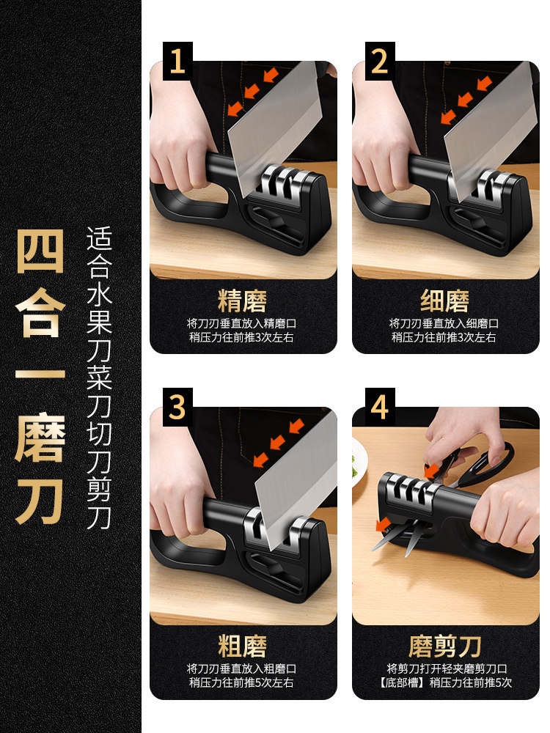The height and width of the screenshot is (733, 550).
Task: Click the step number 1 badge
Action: tap(177, 61)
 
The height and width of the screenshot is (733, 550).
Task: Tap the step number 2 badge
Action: tap(380, 61)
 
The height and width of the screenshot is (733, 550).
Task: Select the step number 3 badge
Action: tap(177, 407)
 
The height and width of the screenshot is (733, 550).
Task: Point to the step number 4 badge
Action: tap(380, 407)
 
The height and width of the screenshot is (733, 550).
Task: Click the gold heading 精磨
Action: tap(242, 301)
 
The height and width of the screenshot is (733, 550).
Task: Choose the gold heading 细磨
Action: tap(445, 301)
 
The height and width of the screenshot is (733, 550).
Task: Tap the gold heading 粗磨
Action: tap(242, 646)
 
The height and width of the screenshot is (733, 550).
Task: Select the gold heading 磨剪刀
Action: tap(445, 646)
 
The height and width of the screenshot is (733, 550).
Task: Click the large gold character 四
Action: tap(40, 251)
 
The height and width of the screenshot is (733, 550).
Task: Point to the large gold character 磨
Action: tap(40, 437)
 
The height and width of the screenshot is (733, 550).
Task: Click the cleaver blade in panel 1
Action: tap(276, 126)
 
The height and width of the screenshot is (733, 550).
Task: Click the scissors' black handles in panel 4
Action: tap(486, 463)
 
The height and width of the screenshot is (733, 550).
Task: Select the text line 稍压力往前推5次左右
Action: tap(242, 682)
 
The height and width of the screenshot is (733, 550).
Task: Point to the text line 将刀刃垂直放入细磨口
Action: tap(444, 323)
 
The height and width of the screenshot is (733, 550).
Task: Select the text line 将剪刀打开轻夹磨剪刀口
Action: tap(447, 669)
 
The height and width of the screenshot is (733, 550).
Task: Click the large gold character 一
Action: tap(40, 375)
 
